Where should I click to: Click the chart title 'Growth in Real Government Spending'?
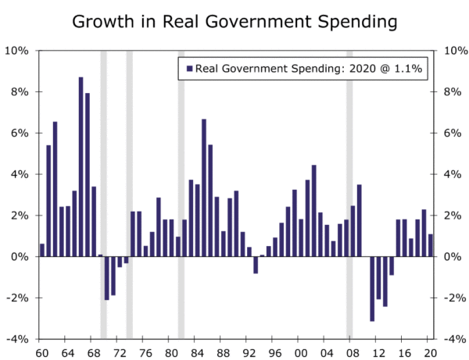pos(234,21)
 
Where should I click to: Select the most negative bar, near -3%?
pos(372,288)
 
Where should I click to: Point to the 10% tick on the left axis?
pos(18,51)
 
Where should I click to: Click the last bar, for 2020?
pos(430,245)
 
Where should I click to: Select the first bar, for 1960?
pos(42,250)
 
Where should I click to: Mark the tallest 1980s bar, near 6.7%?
pos(204,187)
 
